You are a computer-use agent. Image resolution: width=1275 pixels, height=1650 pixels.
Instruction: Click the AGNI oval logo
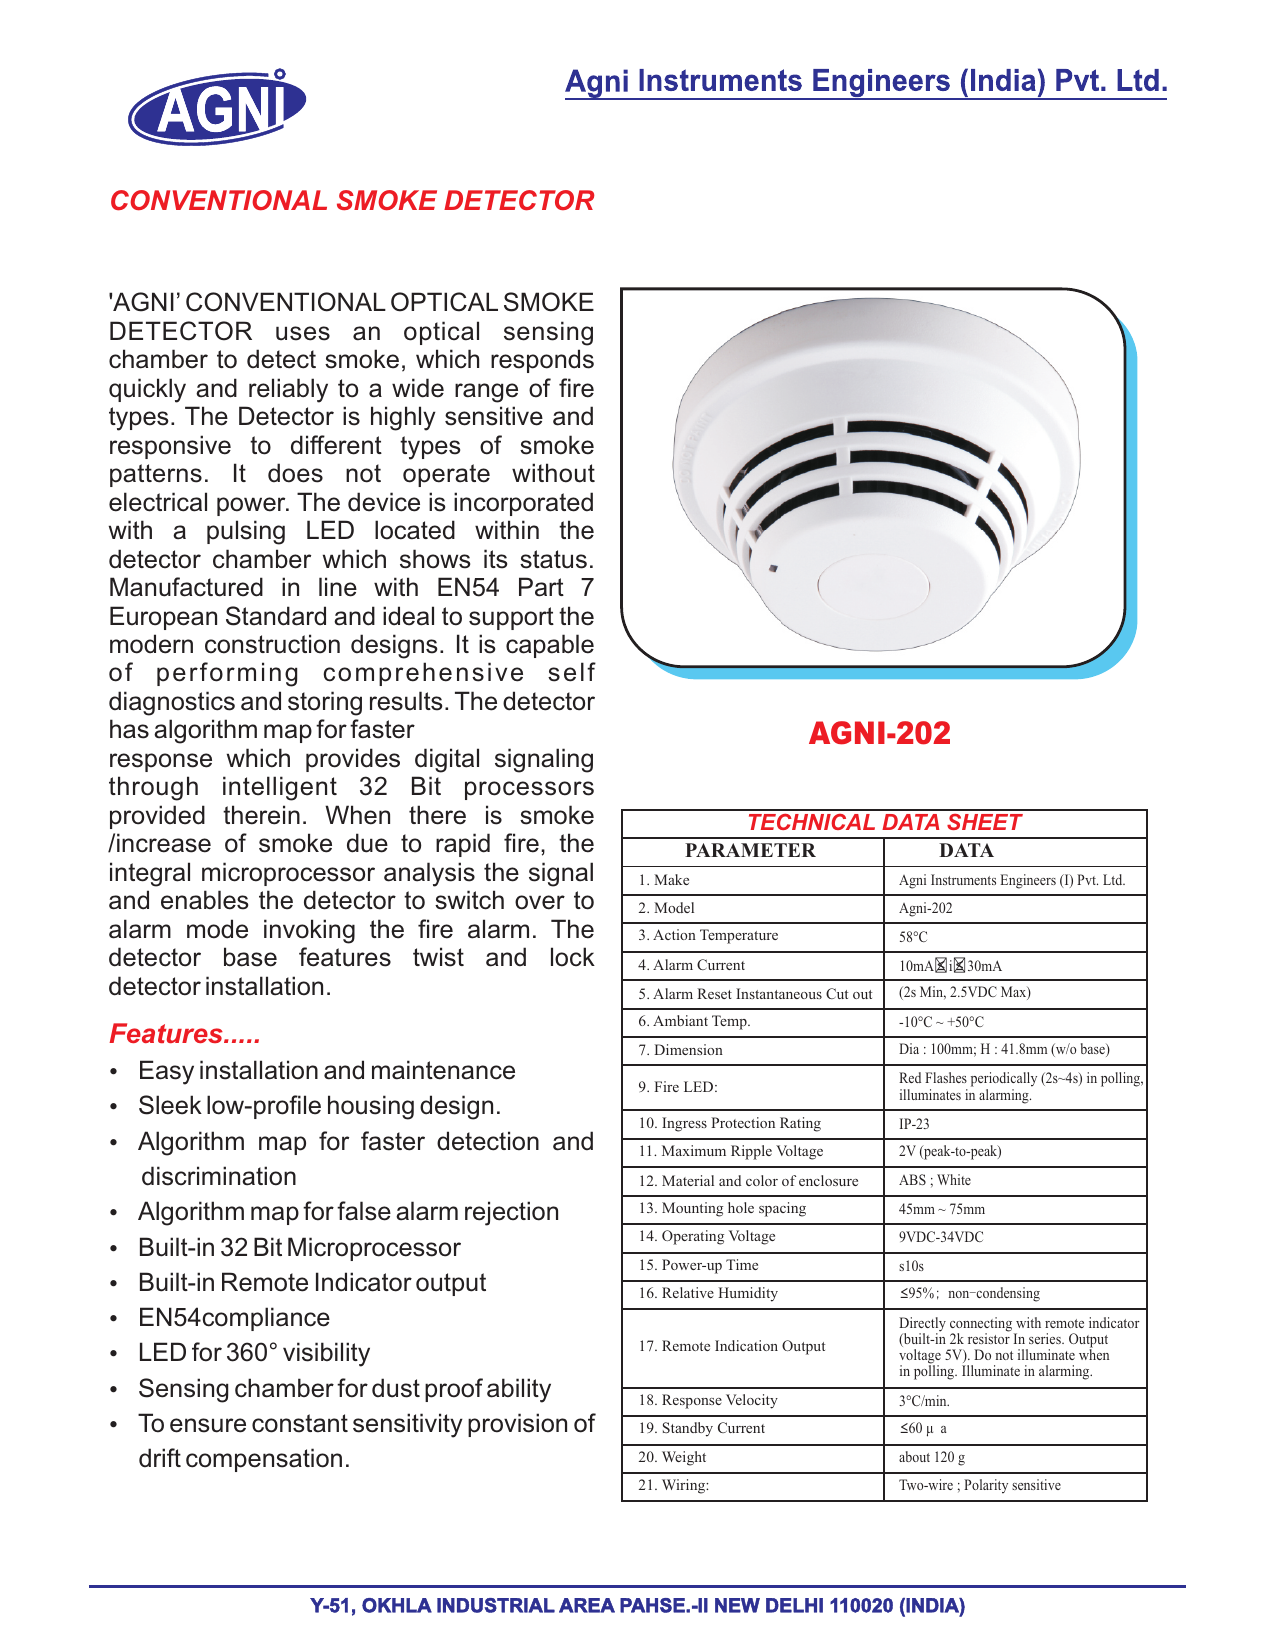point(216,107)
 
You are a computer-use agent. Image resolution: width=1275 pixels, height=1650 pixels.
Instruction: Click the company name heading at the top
point(866,81)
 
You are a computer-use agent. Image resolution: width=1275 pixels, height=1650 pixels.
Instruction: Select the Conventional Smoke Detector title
point(352,201)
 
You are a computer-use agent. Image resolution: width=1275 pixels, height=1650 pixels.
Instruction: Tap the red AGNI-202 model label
point(879,733)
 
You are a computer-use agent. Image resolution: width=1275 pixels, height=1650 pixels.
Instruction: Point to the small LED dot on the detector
point(773,569)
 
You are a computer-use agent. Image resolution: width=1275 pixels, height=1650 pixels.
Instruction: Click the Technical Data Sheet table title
point(884,822)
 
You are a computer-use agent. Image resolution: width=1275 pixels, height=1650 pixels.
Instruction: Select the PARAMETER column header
point(750,851)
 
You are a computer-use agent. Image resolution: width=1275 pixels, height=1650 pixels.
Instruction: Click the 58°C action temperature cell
point(913,937)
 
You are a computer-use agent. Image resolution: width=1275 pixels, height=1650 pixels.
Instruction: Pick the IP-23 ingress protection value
point(914,1124)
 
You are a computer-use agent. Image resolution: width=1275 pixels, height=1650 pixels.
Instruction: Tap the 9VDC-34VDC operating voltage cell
point(941,1237)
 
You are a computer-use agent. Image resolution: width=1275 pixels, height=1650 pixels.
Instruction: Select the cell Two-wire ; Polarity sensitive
point(979,1485)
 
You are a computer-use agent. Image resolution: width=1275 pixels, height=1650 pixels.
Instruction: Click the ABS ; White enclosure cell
point(935,1180)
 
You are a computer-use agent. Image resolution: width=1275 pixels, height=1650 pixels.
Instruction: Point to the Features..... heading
point(185,1034)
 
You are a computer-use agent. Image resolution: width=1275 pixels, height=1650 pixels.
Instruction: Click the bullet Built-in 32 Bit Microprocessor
point(299,1247)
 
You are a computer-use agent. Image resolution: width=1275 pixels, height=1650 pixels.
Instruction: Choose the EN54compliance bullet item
point(234,1318)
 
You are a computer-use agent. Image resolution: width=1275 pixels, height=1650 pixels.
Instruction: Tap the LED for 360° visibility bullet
point(254,1353)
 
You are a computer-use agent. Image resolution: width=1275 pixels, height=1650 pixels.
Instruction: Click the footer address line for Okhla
point(637,1606)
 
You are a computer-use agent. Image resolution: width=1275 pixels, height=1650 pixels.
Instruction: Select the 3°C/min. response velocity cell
point(924,1401)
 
